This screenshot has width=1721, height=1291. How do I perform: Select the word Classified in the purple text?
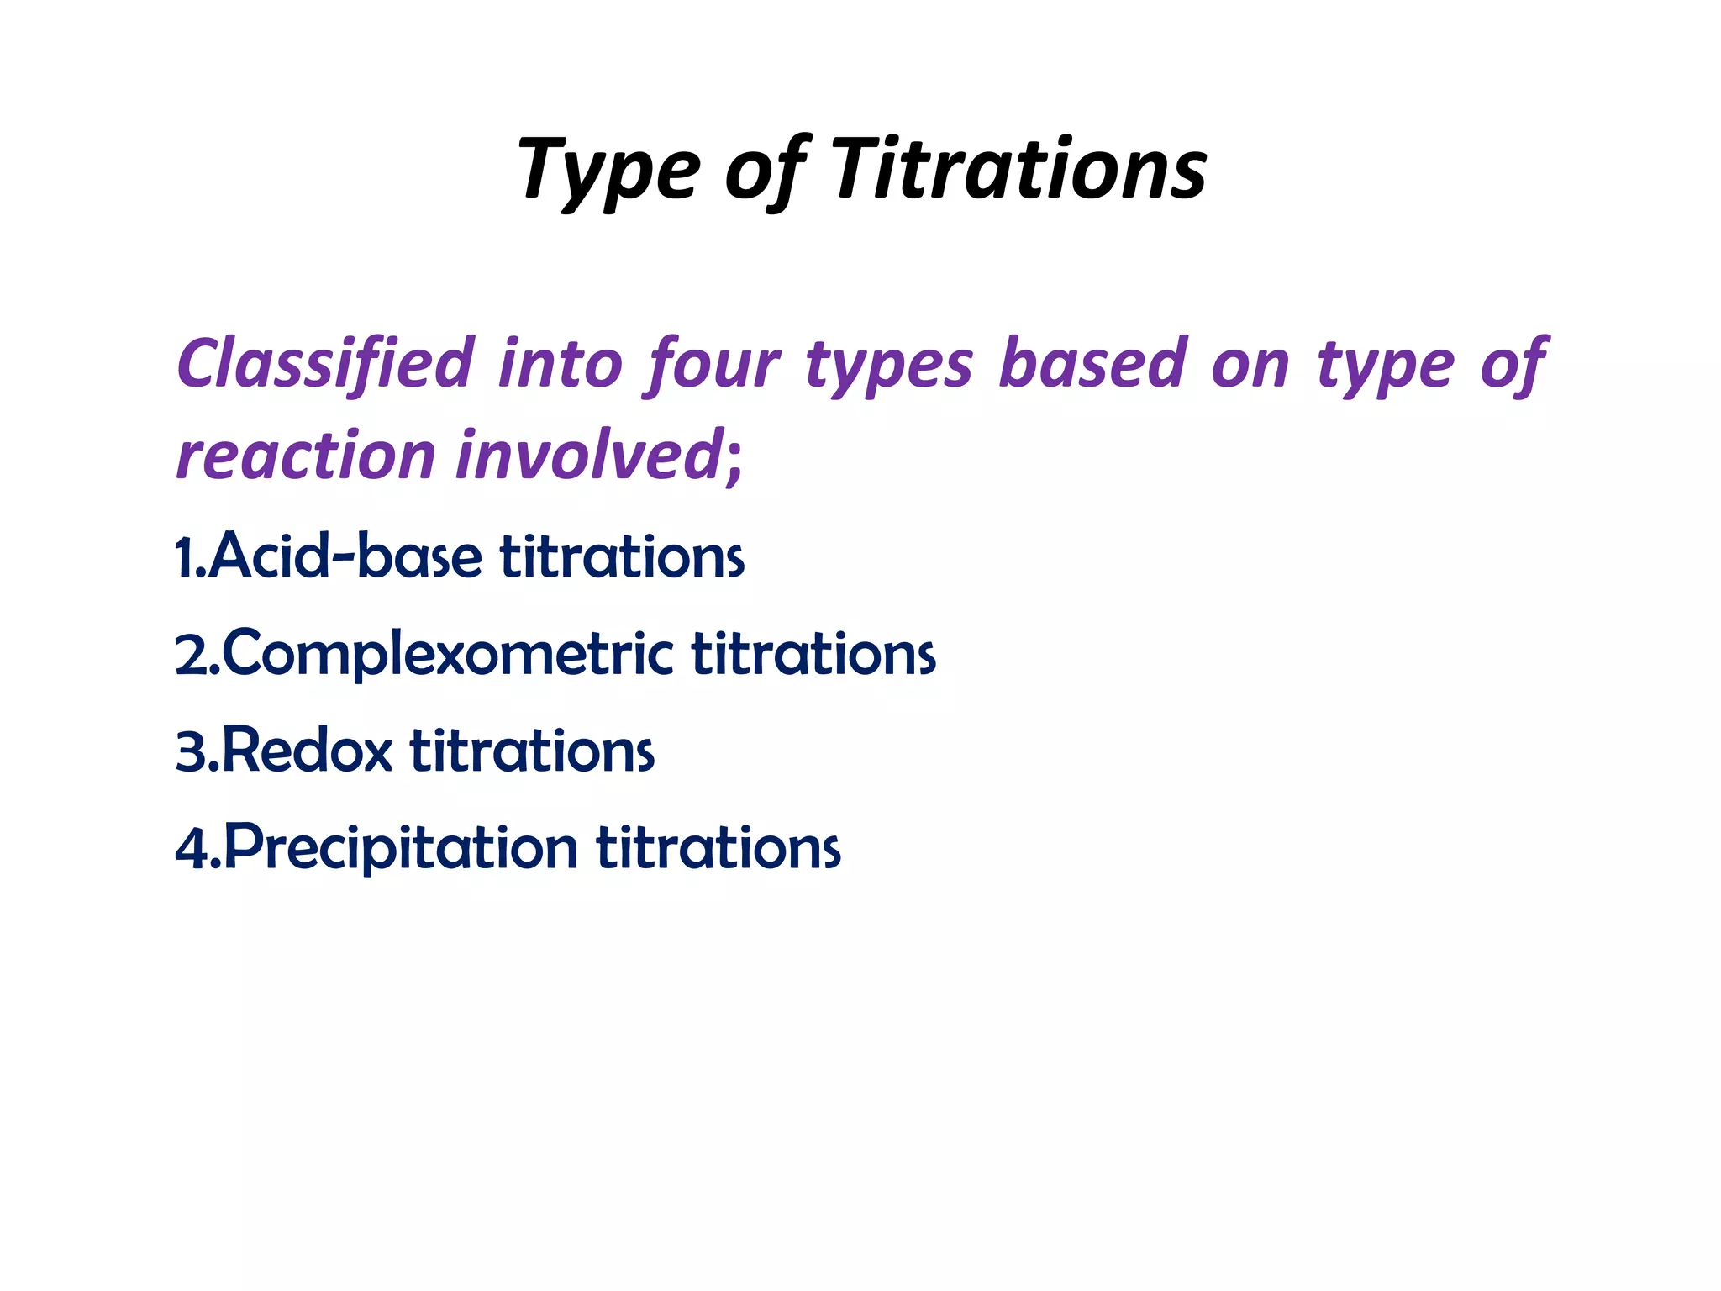tap(325, 363)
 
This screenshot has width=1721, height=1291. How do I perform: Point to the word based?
tap(1093, 363)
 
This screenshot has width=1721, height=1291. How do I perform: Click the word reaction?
tap(305, 455)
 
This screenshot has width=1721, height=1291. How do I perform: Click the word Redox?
tap(307, 750)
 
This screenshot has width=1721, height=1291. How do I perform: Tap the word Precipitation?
tap(401, 846)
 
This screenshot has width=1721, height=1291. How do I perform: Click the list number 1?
tap(186, 557)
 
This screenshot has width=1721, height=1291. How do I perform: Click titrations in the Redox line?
tap(532, 750)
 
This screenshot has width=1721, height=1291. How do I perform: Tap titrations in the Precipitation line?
tap(718, 846)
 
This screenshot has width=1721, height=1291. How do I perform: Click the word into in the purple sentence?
tap(560, 363)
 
